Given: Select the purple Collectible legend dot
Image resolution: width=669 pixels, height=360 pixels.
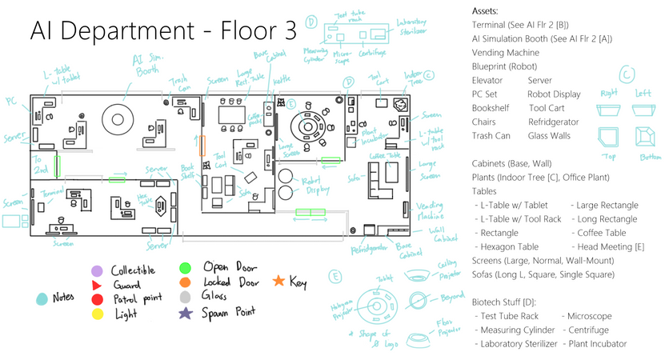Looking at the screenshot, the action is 97,270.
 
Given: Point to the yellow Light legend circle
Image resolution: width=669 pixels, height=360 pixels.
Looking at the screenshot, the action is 97,314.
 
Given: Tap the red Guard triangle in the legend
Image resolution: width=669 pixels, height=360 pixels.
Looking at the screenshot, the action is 97,285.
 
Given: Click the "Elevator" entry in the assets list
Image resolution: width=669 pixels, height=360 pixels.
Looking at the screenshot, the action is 488,80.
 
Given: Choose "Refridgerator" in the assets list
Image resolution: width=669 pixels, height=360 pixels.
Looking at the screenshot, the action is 554,122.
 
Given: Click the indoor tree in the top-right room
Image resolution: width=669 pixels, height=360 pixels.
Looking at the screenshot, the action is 402,103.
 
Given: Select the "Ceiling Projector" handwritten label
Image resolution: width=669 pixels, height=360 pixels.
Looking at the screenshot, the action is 450,267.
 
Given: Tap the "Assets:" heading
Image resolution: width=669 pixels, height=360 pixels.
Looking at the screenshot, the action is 485,12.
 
